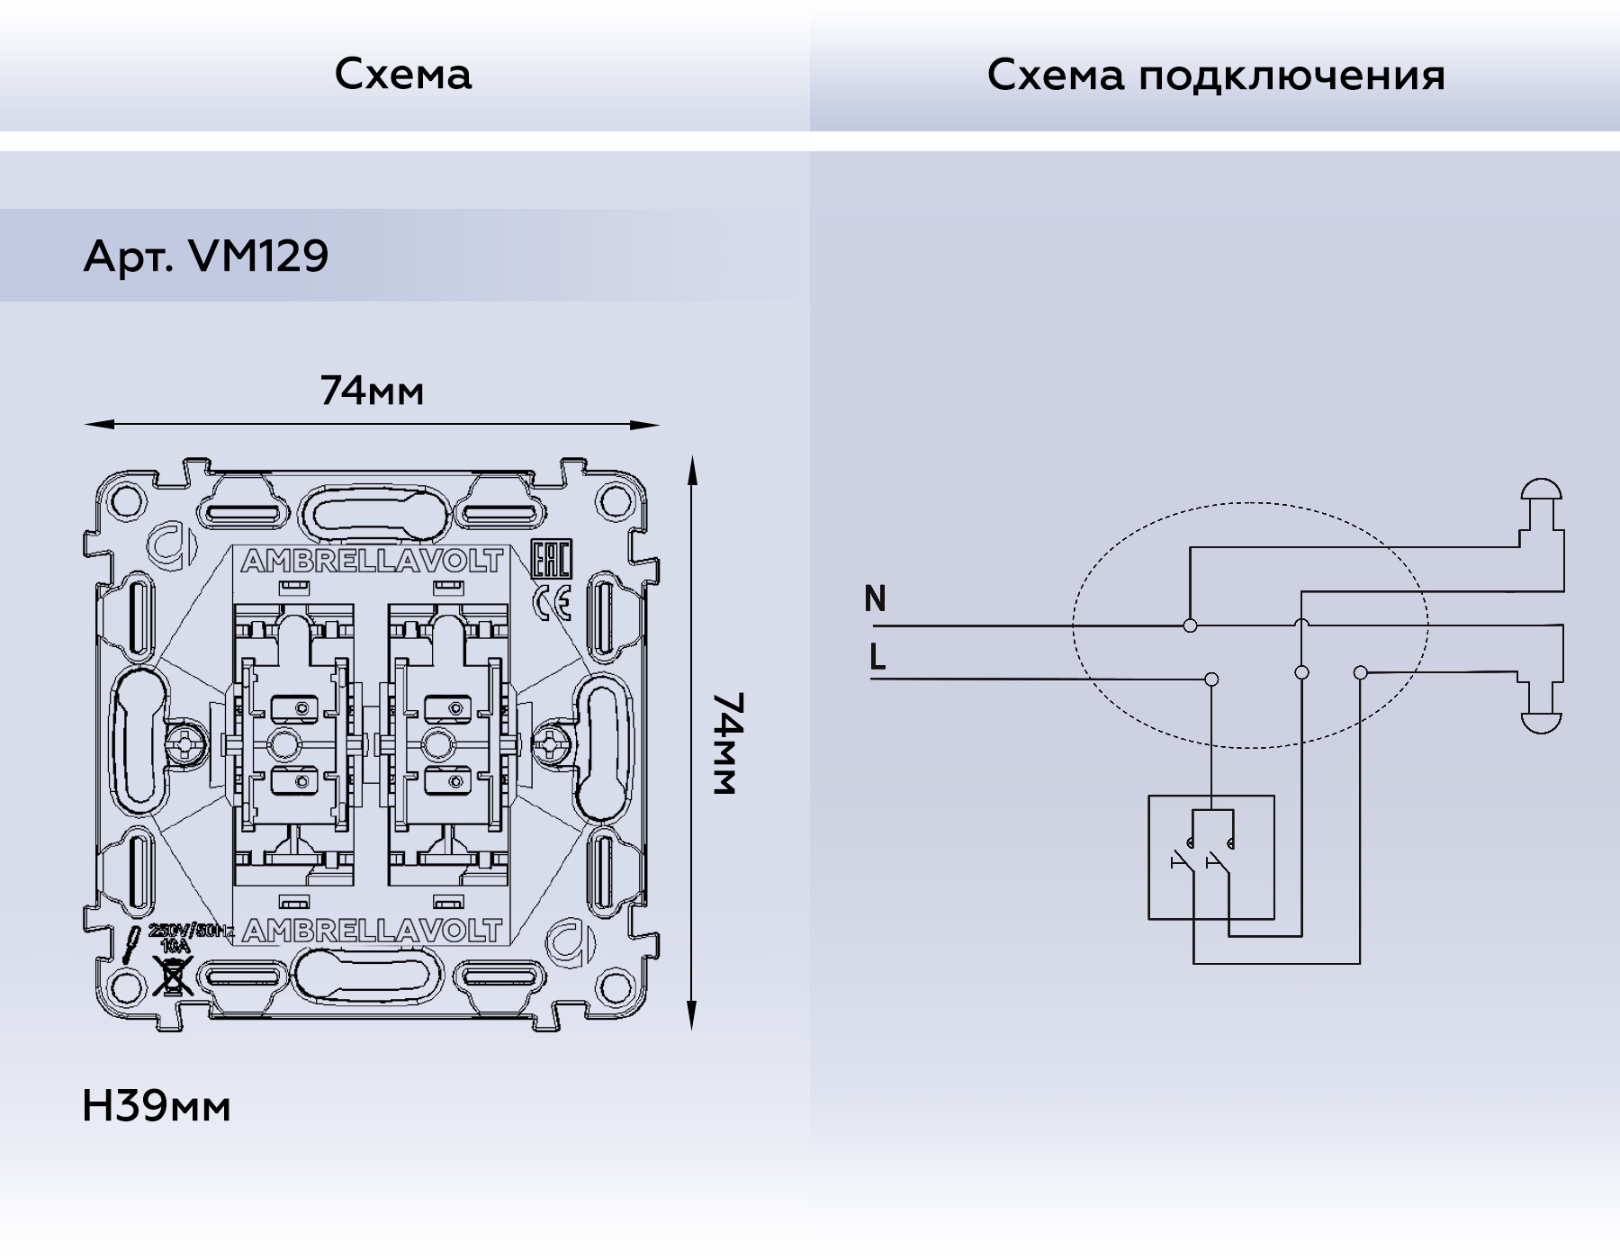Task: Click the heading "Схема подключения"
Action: click(x=1215, y=76)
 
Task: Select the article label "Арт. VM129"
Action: click(x=206, y=256)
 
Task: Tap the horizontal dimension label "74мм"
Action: click(x=372, y=391)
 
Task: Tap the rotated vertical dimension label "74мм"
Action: click(x=724, y=743)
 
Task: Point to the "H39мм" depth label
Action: click(x=156, y=1106)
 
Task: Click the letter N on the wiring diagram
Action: click(x=875, y=598)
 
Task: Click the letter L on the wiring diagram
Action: click(x=877, y=657)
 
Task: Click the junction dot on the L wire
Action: click(x=1212, y=679)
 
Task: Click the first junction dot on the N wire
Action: click(x=1190, y=625)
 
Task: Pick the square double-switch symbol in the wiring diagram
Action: click(x=1210, y=857)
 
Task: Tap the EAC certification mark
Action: click(x=551, y=561)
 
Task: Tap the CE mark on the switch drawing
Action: click(x=552, y=603)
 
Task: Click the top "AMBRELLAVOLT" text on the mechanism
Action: click(x=372, y=562)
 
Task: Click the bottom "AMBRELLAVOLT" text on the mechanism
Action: click(x=372, y=931)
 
